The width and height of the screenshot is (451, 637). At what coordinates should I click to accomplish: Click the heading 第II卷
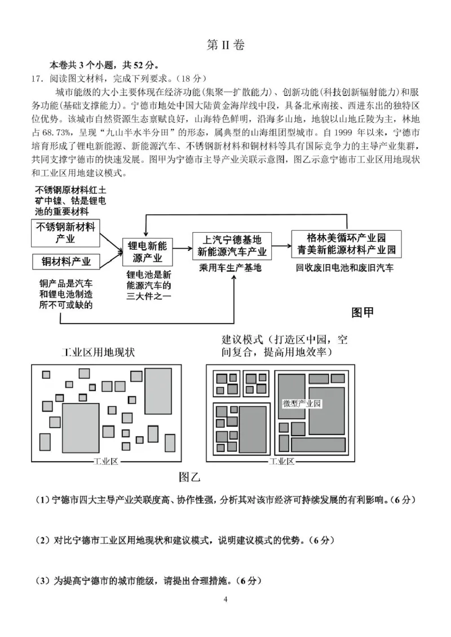225,46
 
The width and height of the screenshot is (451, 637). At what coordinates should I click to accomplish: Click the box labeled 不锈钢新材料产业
65,233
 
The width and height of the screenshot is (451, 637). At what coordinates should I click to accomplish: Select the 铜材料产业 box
65,262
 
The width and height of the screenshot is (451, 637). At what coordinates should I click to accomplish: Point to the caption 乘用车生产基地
231,268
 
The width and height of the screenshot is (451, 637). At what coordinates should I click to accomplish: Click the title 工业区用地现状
98,352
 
